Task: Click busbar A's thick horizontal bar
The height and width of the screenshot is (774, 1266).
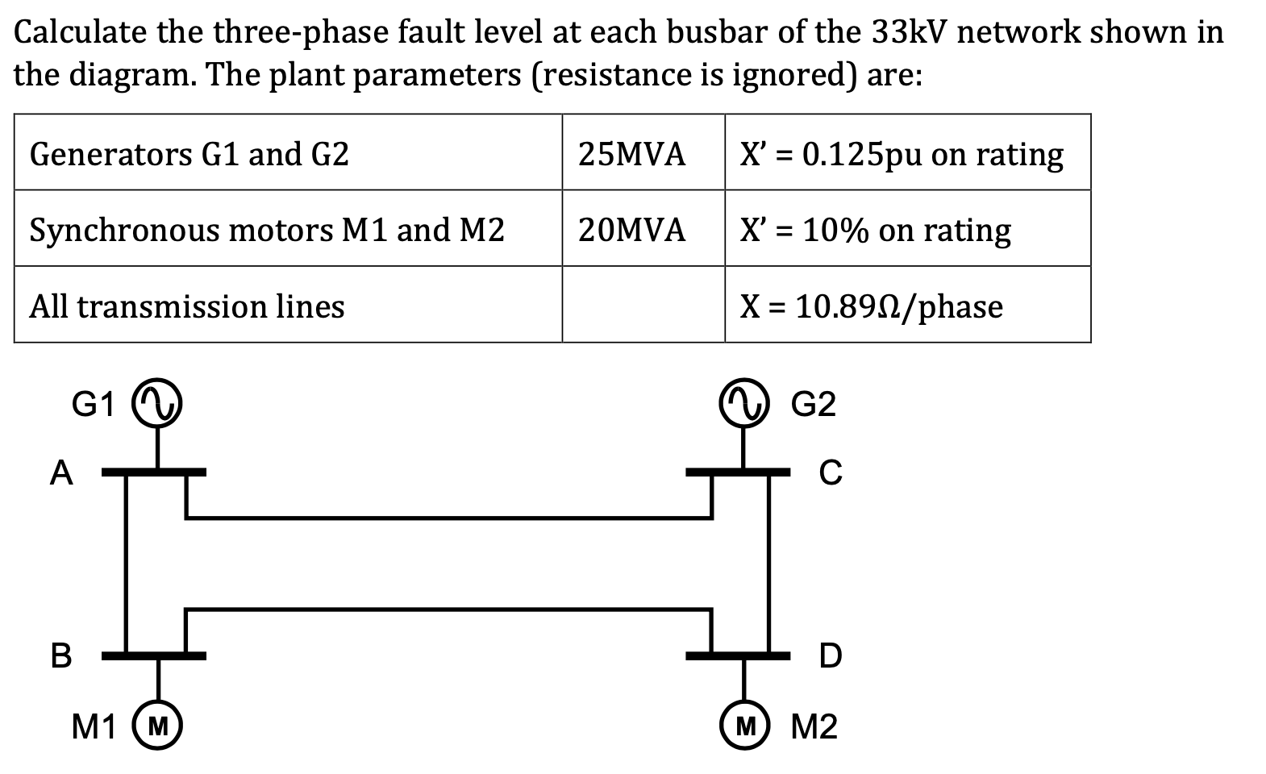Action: (153, 471)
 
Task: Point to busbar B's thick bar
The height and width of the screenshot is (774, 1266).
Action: (153, 656)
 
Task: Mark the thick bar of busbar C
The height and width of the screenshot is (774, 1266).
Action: (738, 471)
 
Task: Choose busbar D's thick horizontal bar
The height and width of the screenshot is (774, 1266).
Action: (738, 656)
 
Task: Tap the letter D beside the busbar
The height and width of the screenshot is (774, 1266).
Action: (830, 656)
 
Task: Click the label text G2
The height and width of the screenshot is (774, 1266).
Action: (814, 404)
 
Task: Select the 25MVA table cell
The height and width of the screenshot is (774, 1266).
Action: (631, 153)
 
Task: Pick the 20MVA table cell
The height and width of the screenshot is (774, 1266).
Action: (631, 230)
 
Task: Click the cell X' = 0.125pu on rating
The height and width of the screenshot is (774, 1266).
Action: (902, 153)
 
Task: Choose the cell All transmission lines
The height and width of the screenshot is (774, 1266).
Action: (187, 306)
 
